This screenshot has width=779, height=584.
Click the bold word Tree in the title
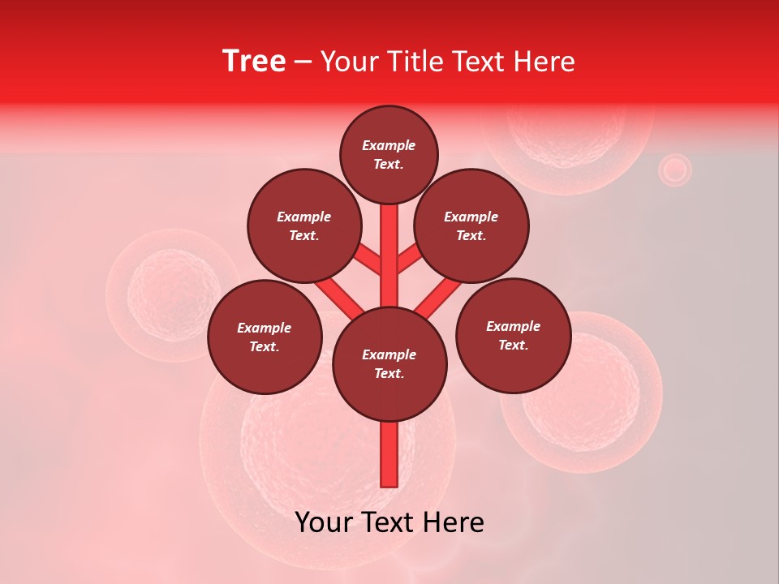click(x=254, y=62)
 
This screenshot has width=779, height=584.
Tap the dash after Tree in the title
click(x=303, y=62)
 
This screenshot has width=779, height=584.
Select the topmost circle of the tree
click(x=389, y=154)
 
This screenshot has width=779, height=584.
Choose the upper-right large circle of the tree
click(x=471, y=225)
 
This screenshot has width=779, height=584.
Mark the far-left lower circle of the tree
click(x=265, y=337)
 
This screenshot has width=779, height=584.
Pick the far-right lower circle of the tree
click(x=513, y=335)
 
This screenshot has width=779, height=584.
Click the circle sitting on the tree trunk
click(x=389, y=363)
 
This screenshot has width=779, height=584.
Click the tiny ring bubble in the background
click(x=674, y=170)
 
